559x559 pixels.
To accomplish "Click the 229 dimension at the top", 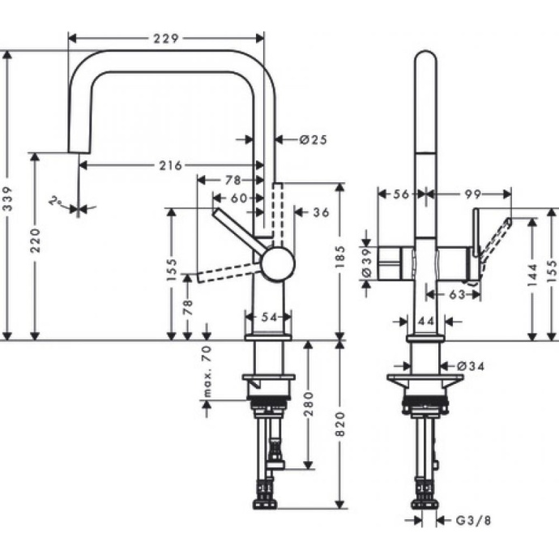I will [165, 37].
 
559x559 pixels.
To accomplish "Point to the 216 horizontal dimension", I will [169, 165].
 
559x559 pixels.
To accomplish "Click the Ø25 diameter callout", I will [312, 139].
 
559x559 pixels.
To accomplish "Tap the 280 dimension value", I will [309, 405].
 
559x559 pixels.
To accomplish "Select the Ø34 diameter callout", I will [471, 367].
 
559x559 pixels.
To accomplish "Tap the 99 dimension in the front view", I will [474, 194].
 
